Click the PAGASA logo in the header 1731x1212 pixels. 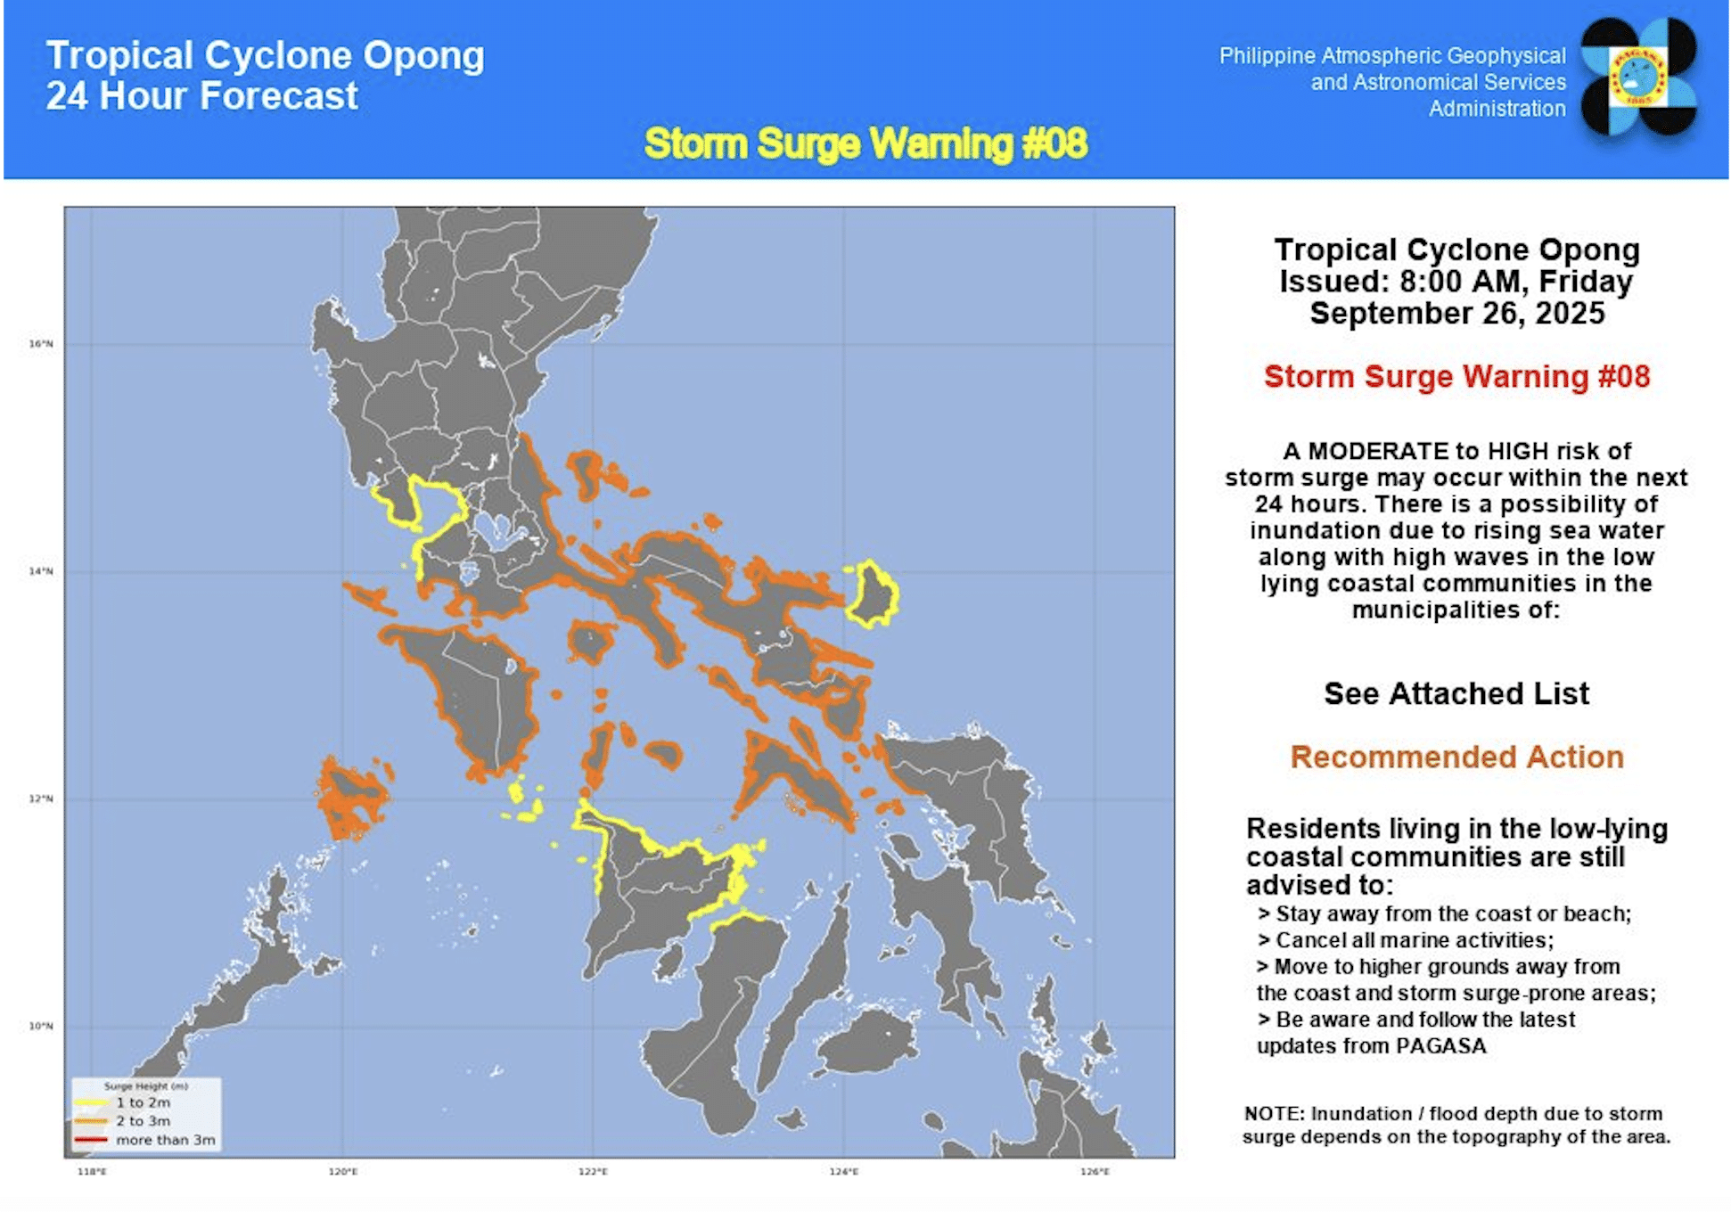(x=1638, y=77)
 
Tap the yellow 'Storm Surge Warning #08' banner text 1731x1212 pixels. (x=865, y=143)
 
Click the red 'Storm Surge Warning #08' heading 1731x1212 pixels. (x=1456, y=376)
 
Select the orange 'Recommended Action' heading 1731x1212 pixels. (x=1456, y=757)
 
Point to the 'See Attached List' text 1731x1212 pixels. (x=1456, y=693)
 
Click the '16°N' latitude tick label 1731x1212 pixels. (x=41, y=343)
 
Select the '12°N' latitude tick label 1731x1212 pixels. (x=41, y=798)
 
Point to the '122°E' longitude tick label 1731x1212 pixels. (x=593, y=1171)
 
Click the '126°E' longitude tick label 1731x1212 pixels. (x=1095, y=1171)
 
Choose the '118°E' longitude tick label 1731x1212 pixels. (x=92, y=1171)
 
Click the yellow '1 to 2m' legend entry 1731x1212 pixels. (x=143, y=1102)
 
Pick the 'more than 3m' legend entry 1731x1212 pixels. (x=165, y=1140)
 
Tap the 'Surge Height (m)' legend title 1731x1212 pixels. (x=145, y=1086)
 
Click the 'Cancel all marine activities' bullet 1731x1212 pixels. (x=1414, y=940)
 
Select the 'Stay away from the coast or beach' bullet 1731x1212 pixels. (x=1453, y=913)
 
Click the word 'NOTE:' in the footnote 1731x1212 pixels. (x=1274, y=1114)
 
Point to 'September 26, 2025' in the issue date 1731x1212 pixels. (x=1456, y=314)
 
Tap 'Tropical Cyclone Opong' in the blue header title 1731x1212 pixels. (x=265, y=55)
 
